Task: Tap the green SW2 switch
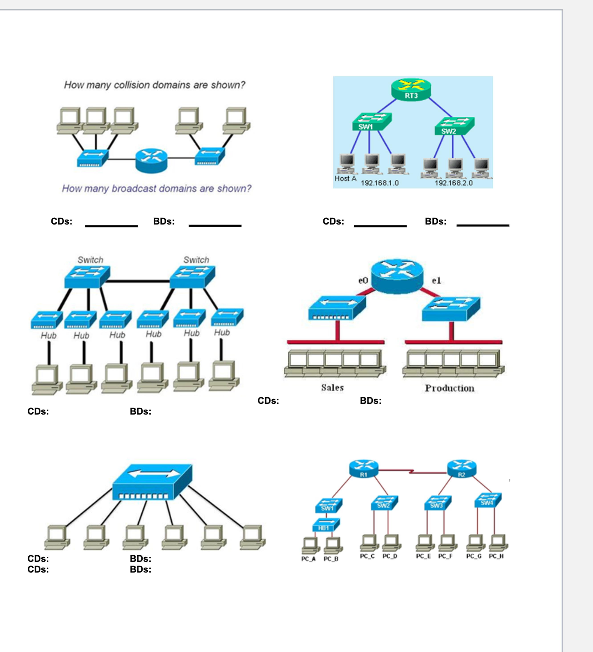coord(454,126)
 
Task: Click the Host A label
coord(345,178)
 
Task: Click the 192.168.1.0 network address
coord(380,183)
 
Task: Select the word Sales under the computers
coord(332,387)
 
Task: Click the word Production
coord(449,388)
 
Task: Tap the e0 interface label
coord(363,280)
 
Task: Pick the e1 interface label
coord(436,280)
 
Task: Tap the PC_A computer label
coord(308,559)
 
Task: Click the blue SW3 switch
coord(437,503)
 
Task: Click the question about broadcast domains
coord(156,188)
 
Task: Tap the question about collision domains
coord(155,85)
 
